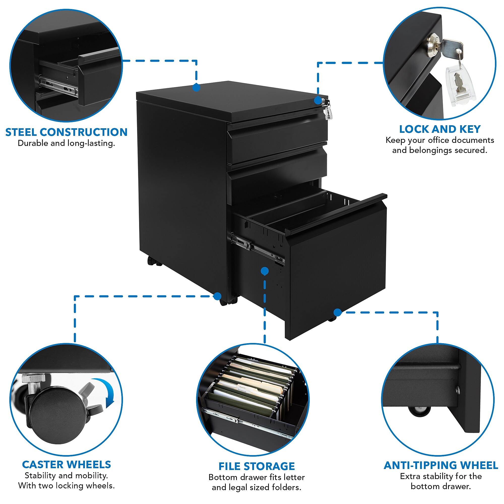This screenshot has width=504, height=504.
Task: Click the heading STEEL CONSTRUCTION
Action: point(66,132)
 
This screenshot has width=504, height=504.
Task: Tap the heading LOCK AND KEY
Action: point(440,129)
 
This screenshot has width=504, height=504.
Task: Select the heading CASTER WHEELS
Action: point(67,465)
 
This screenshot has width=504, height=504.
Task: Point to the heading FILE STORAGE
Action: point(257,466)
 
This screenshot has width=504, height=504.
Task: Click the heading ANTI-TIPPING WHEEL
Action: point(441,465)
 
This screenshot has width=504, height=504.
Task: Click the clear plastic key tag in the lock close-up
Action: point(461,86)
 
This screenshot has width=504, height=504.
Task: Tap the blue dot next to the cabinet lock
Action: point(318,100)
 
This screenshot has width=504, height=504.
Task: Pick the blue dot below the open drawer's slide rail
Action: point(265,271)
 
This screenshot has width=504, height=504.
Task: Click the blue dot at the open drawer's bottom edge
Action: point(338,312)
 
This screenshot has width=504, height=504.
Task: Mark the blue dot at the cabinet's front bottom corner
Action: point(217,296)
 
